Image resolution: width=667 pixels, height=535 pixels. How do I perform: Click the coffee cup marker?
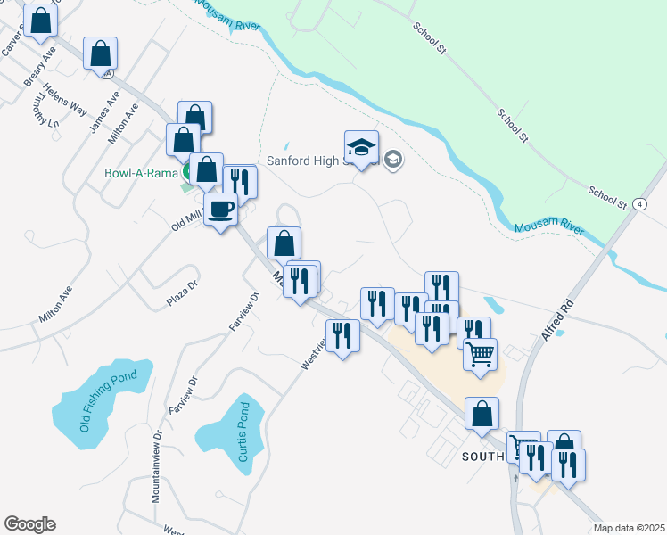click(221, 210)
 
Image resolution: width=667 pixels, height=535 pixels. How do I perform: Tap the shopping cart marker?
click(481, 354)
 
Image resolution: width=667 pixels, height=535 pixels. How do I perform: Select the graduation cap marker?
click(361, 147)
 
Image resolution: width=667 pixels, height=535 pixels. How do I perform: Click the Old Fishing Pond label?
click(109, 401)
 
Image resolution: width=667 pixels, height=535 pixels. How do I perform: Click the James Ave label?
click(104, 111)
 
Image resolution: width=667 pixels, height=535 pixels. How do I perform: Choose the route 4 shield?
click(641, 204)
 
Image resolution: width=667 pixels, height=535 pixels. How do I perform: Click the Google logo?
click(29, 524)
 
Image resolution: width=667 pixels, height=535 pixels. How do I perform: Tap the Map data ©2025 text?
click(628, 528)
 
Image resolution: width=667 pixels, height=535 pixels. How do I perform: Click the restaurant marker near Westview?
click(342, 335)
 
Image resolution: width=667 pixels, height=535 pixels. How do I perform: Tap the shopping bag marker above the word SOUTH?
click(482, 414)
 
